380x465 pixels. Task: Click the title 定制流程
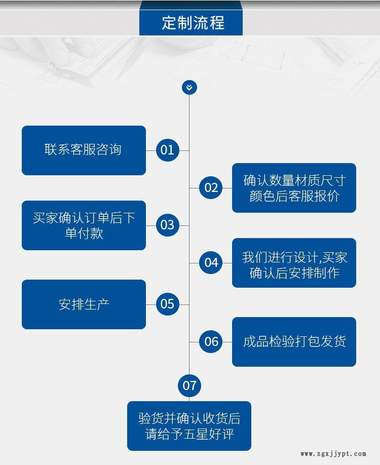[193, 23]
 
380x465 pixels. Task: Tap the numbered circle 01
[168, 150]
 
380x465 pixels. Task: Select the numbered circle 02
[211, 188]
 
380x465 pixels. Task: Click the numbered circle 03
[168, 225]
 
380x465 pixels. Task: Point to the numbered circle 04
[211, 262]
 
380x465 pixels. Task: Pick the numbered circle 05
[168, 304]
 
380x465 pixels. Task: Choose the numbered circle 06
[211, 341]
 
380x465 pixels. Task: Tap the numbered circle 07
[189, 385]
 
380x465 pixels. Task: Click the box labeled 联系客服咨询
[84, 150]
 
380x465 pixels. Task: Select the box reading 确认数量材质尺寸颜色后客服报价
[294, 188]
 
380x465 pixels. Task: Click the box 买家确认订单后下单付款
[84, 225]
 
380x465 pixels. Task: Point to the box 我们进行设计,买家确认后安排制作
[294, 263]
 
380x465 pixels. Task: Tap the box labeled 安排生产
[84, 304]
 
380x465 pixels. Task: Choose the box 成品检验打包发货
[294, 342]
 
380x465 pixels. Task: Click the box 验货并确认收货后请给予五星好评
[189, 426]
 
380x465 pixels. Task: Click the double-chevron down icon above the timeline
[189, 88]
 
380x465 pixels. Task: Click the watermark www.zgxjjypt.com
[333, 454]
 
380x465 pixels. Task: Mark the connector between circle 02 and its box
[227, 188]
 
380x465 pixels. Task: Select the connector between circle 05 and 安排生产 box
[151, 304]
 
